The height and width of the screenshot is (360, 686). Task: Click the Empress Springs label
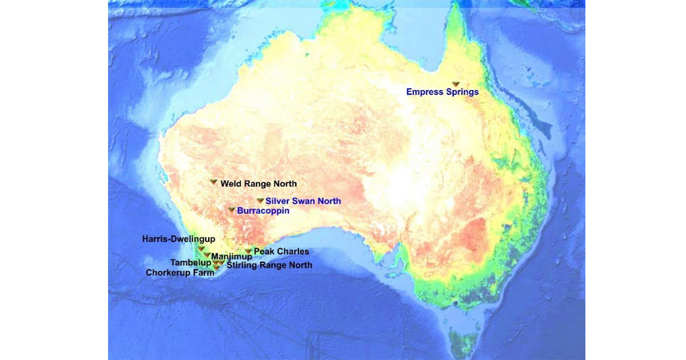pos(442,91)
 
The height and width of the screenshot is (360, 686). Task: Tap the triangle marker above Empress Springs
pos(456,84)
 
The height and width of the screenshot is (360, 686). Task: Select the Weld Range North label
pos(258,184)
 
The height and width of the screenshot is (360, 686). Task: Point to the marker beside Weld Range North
pos(213,182)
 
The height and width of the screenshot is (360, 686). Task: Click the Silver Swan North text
pos(303,201)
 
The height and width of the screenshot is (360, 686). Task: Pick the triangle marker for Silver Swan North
pos(260,201)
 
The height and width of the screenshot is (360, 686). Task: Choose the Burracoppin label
pos(263,211)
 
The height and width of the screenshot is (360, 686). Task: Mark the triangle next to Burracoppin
pos(232,210)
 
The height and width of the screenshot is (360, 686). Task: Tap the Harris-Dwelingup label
pos(178,239)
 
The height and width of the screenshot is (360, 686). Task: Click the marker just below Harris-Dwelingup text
pos(201,249)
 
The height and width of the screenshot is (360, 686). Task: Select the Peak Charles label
pos(281,251)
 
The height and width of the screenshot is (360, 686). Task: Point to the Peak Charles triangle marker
pos(248,251)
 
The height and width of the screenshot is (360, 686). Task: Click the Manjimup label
pos(232,257)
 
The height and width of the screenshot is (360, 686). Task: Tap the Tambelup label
pos(191,263)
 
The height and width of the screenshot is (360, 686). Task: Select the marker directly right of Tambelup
pos(216,263)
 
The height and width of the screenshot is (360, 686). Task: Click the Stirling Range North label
pos(269,265)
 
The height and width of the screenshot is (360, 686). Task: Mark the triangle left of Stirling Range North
pos(222,263)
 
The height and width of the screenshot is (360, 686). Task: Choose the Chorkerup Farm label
pos(180,273)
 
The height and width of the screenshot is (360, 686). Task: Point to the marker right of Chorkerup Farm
pos(217,267)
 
